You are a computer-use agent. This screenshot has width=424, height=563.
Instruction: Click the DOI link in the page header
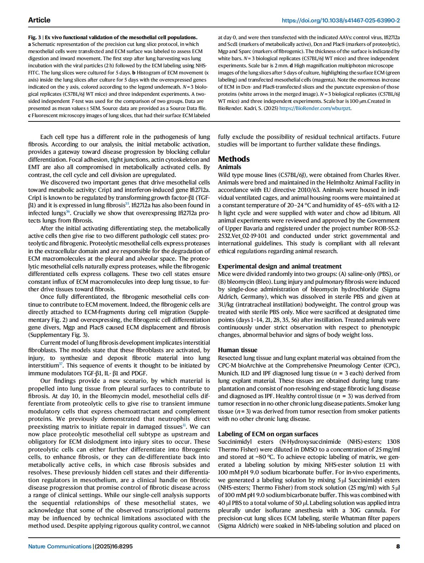tap(341, 20)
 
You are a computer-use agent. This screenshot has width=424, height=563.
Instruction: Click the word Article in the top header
tap(39, 20)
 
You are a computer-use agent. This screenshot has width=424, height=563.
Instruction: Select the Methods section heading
tap(234, 159)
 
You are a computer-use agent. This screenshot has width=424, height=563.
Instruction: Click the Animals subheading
tap(229, 167)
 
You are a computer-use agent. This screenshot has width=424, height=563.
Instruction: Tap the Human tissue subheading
tap(237, 350)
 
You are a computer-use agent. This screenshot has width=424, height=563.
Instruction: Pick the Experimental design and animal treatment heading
tap(280, 266)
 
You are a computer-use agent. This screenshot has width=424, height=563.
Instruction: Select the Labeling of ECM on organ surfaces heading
tap(268, 434)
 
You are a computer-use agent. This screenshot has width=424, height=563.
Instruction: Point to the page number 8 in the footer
tap(398, 546)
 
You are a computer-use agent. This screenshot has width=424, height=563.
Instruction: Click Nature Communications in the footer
tap(60, 546)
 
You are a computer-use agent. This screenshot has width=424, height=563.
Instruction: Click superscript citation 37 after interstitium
tap(61, 364)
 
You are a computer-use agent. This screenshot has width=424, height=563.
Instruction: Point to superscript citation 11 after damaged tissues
tap(184, 425)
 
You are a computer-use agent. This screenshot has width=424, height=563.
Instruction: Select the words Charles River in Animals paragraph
tap(381, 175)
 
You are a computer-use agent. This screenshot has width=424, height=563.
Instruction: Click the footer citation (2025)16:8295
tap(113, 546)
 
